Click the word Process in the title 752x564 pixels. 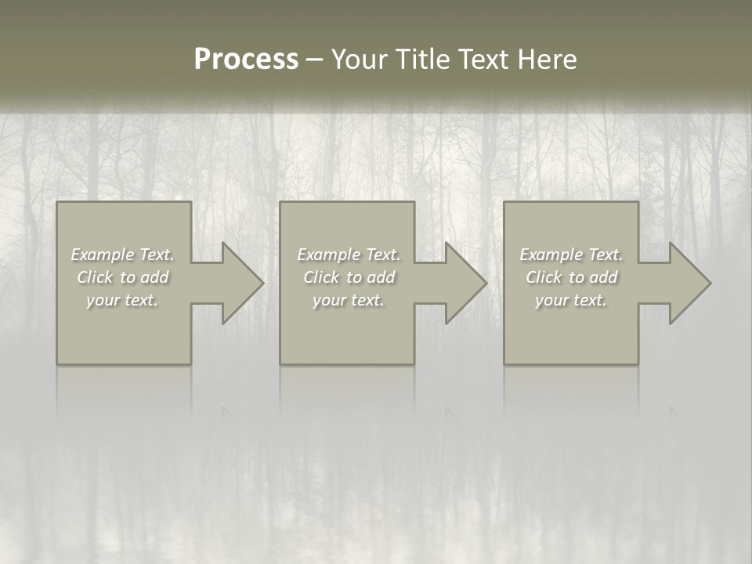[246, 60]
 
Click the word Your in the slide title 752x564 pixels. [360, 60]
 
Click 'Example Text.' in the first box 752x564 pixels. [122, 255]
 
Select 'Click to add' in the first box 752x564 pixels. [122, 277]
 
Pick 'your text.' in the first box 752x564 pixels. [122, 300]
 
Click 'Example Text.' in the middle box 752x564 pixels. [349, 255]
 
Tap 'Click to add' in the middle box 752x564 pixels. [349, 277]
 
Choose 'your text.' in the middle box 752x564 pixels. [349, 300]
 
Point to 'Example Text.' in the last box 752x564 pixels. [571, 255]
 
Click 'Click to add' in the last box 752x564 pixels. [571, 277]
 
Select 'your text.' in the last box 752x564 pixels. [571, 300]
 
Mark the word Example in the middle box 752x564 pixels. [326, 255]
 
